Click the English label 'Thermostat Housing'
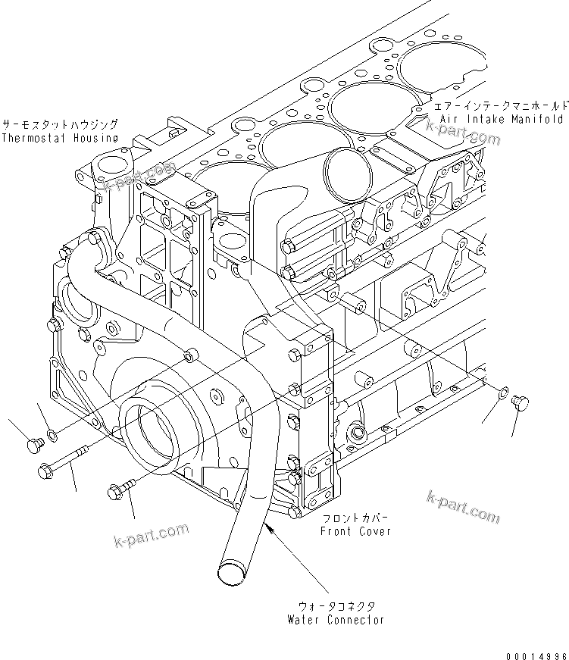59,138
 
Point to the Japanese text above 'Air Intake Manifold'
501,105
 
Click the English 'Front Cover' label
356,531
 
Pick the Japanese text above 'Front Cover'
355,519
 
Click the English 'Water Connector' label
336,619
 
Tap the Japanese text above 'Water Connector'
336,606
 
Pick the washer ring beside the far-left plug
50,435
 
